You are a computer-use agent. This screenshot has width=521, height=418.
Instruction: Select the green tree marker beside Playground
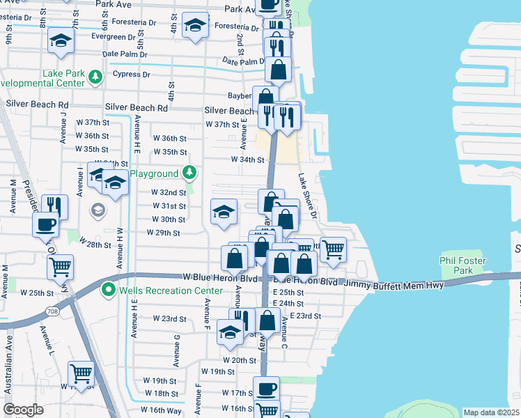[x=188, y=172]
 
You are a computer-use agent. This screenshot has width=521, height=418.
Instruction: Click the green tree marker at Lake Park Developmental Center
[x=95, y=75]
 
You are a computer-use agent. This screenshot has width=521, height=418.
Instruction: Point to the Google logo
[x=24, y=410]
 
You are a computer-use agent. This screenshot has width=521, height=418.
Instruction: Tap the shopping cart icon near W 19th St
[x=81, y=374]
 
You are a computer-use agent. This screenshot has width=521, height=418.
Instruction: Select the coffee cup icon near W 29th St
[x=46, y=225]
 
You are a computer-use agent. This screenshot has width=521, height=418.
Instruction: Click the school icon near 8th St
[x=61, y=42]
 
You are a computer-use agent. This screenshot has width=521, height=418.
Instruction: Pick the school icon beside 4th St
[x=195, y=26]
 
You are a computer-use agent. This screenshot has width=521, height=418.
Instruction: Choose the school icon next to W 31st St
[x=223, y=213]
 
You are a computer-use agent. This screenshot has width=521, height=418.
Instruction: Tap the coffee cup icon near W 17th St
[x=265, y=389]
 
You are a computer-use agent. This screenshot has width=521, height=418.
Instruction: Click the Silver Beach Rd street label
[x=137, y=108]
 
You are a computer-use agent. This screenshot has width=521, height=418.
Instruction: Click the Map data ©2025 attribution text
[x=492, y=412]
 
